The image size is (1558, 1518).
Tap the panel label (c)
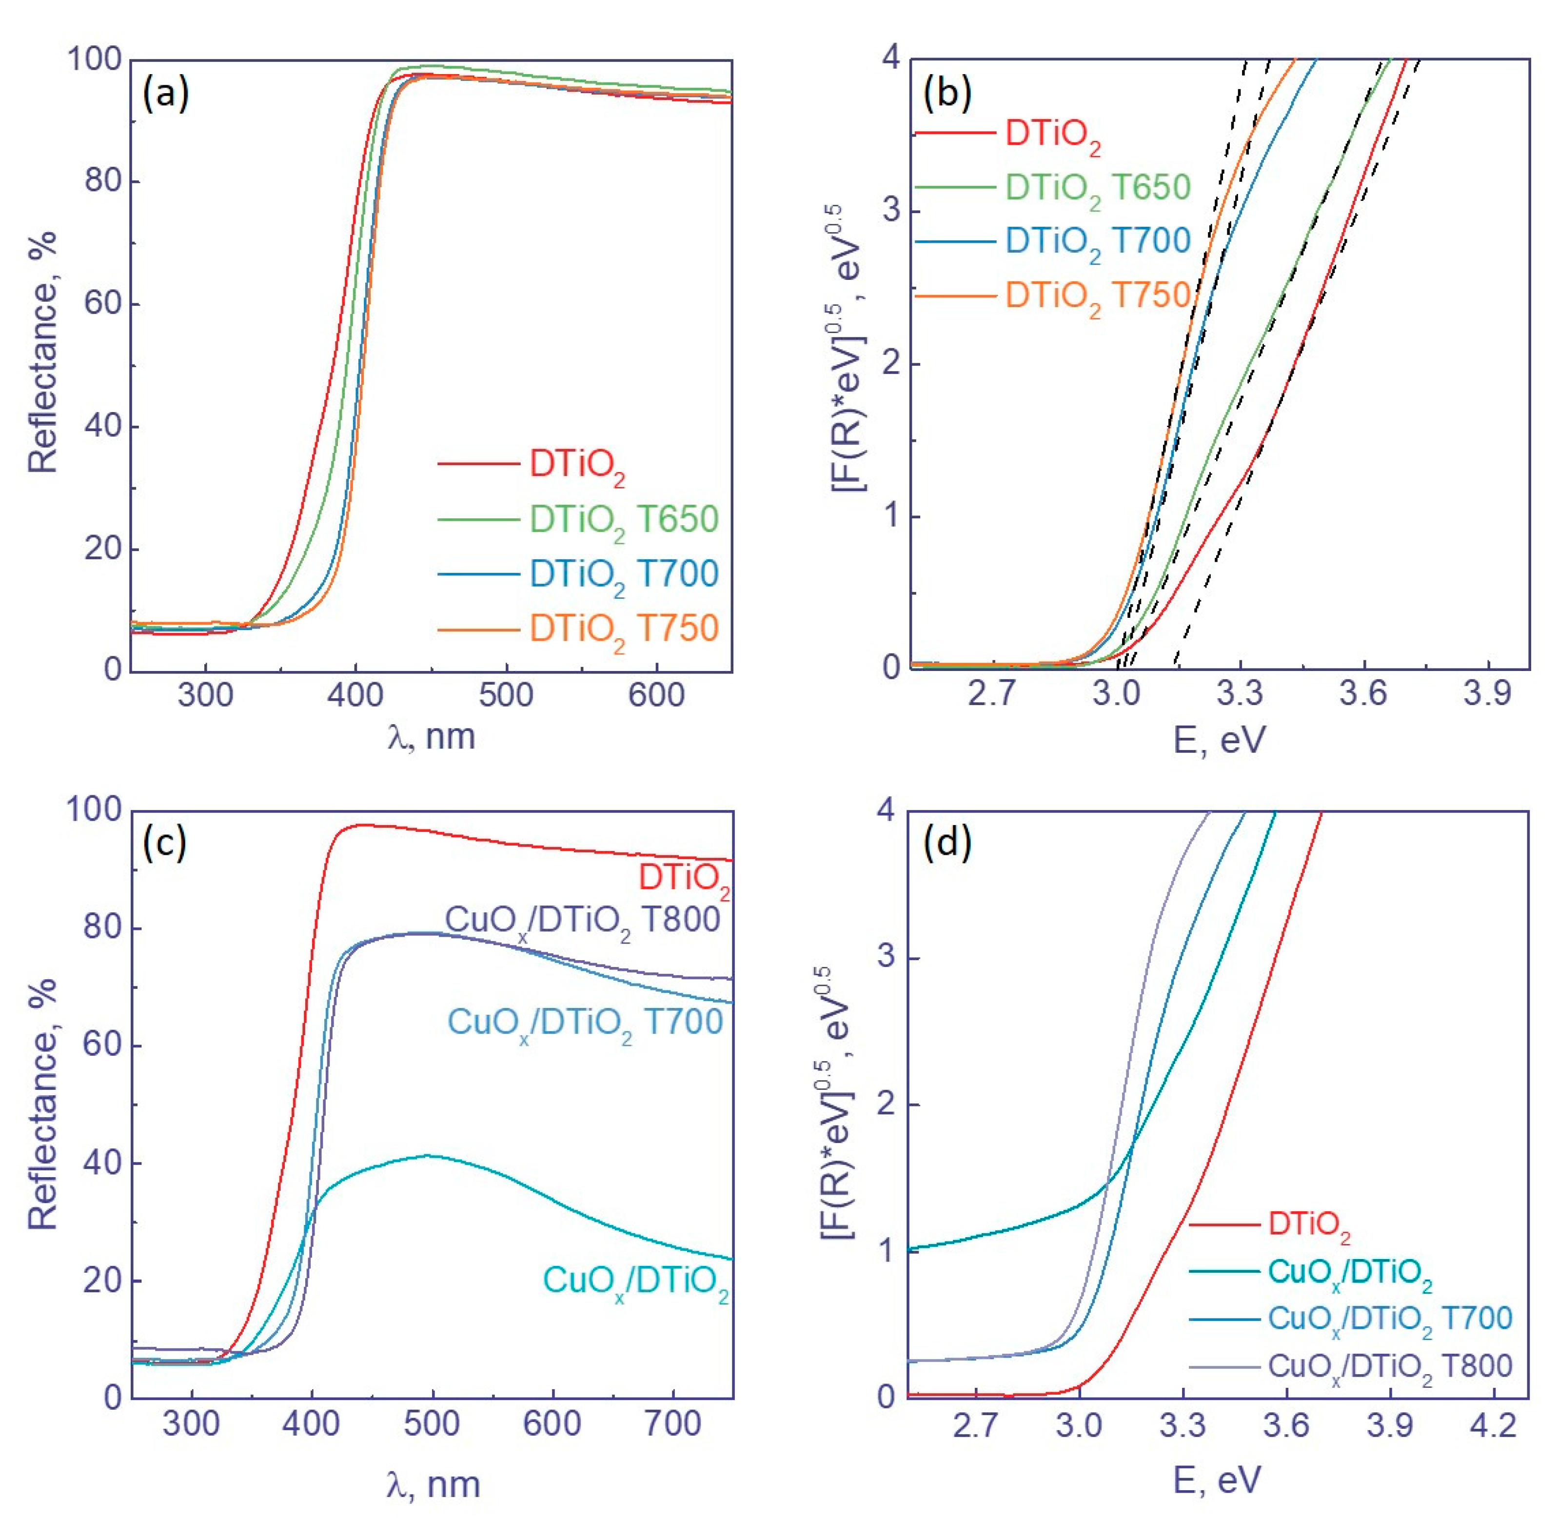click(x=164, y=844)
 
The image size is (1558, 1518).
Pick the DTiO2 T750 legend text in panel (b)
click(x=1097, y=296)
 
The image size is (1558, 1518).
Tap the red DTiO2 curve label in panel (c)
click(x=683, y=879)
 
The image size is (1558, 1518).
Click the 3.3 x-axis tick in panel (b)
click(x=1240, y=694)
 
